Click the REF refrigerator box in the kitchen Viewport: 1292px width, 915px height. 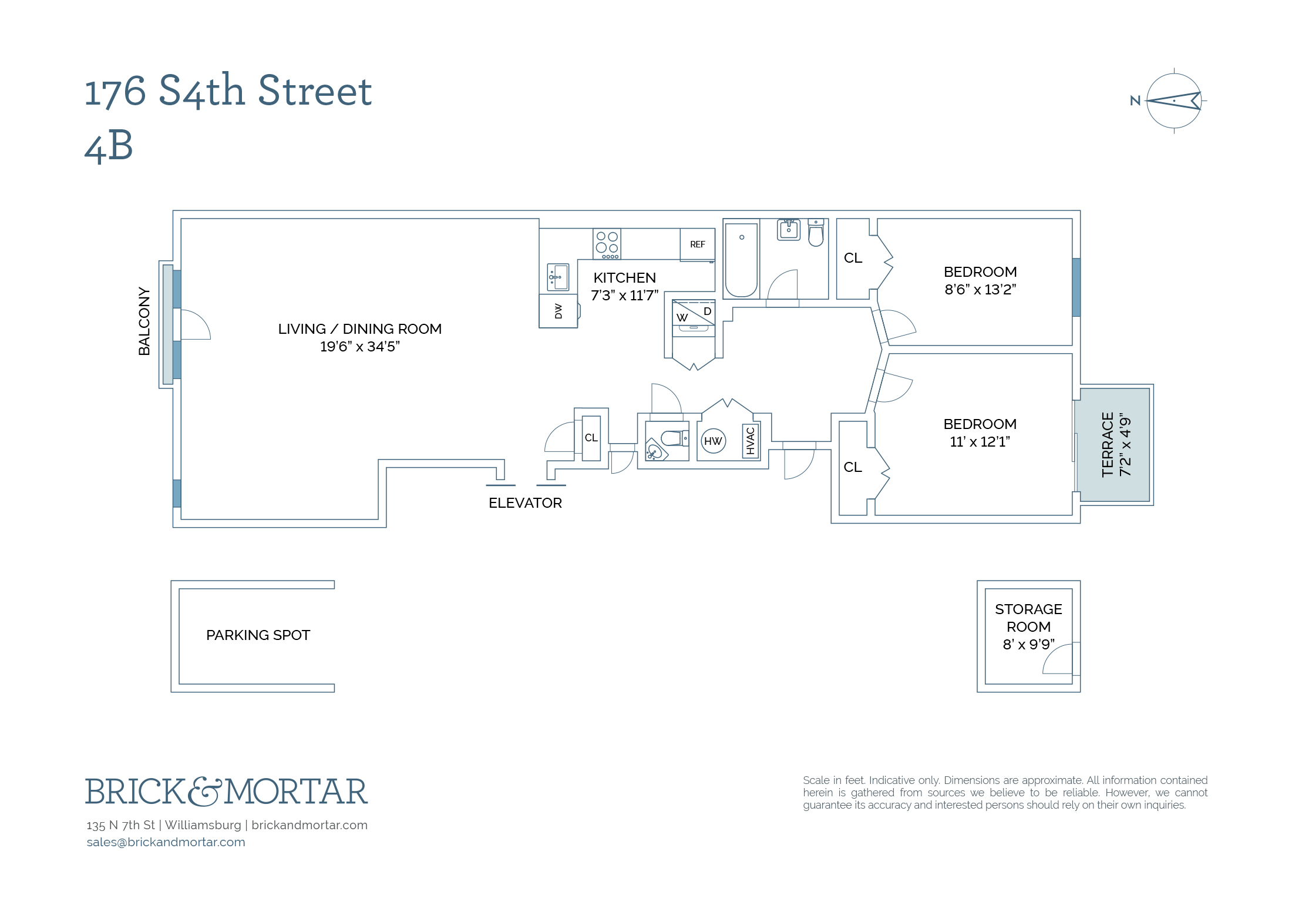click(x=697, y=244)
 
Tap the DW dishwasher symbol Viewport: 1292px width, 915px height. click(x=558, y=311)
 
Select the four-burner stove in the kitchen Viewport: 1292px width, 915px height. click(x=607, y=244)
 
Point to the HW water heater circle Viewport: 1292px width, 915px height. click(x=713, y=441)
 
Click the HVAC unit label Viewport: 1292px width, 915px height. click(x=750, y=441)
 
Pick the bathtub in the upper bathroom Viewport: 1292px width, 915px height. click(x=741, y=259)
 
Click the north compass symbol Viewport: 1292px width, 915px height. click(x=1173, y=101)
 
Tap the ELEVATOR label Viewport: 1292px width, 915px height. click(x=525, y=503)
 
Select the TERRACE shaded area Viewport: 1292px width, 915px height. click(x=1114, y=445)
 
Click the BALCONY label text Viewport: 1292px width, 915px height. click(x=144, y=321)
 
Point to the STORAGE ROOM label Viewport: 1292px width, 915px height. click(x=1028, y=618)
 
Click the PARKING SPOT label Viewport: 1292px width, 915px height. click(x=258, y=635)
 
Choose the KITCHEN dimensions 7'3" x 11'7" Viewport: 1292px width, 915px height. click(x=624, y=296)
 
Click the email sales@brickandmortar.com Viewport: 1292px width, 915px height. click(x=166, y=842)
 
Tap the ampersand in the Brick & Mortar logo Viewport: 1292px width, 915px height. click(x=205, y=792)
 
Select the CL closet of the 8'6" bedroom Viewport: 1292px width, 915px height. click(x=853, y=259)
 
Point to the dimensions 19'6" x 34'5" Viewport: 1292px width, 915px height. click(x=359, y=347)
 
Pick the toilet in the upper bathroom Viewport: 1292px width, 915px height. click(x=816, y=233)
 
